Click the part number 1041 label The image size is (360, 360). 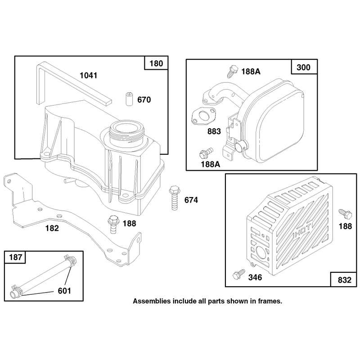click(x=88, y=76)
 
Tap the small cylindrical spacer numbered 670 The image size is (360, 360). click(x=130, y=99)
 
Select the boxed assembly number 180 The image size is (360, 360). click(x=156, y=63)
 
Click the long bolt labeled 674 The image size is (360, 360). click(x=175, y=198)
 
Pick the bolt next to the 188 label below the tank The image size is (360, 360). click(x=113, y=224)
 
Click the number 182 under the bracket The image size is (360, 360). click(x=52, y=228)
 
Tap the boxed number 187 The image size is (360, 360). click(x=15, y=257)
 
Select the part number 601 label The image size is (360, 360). click(x=64, y=291)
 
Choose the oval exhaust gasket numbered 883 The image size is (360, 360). click(x=203, y=117)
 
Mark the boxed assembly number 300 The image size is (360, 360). click(x=303, y=67)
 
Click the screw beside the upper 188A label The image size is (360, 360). click(x=232, y=71)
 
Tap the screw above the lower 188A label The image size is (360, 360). click(x=206, y=153)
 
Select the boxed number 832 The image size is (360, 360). click(x=344, y=280)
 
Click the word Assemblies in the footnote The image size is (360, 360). click(x=152, y=301)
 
